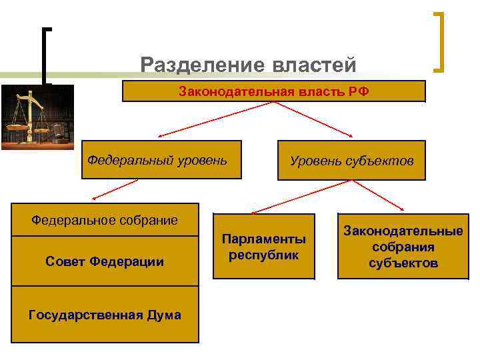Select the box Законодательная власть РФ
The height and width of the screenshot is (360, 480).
pyautogui.click(x=273, y=91)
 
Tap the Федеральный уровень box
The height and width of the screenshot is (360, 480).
pyautogui.click(x=161, y=160)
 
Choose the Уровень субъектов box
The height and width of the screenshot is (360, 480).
pyautogui.click(x=351, y=160)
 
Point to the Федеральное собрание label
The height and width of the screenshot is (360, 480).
pyautogui.click(x=105, y=220)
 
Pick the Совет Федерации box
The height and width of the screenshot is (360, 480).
pyautogui.click(x=105, y=261)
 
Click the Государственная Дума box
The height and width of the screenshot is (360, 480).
pyautogui.click(x=105, y=315)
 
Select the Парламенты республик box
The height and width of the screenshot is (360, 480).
pyautogui.click(x=264, y=246)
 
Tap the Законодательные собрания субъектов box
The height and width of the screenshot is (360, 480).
pyautogui.click(x=403, y=246)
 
